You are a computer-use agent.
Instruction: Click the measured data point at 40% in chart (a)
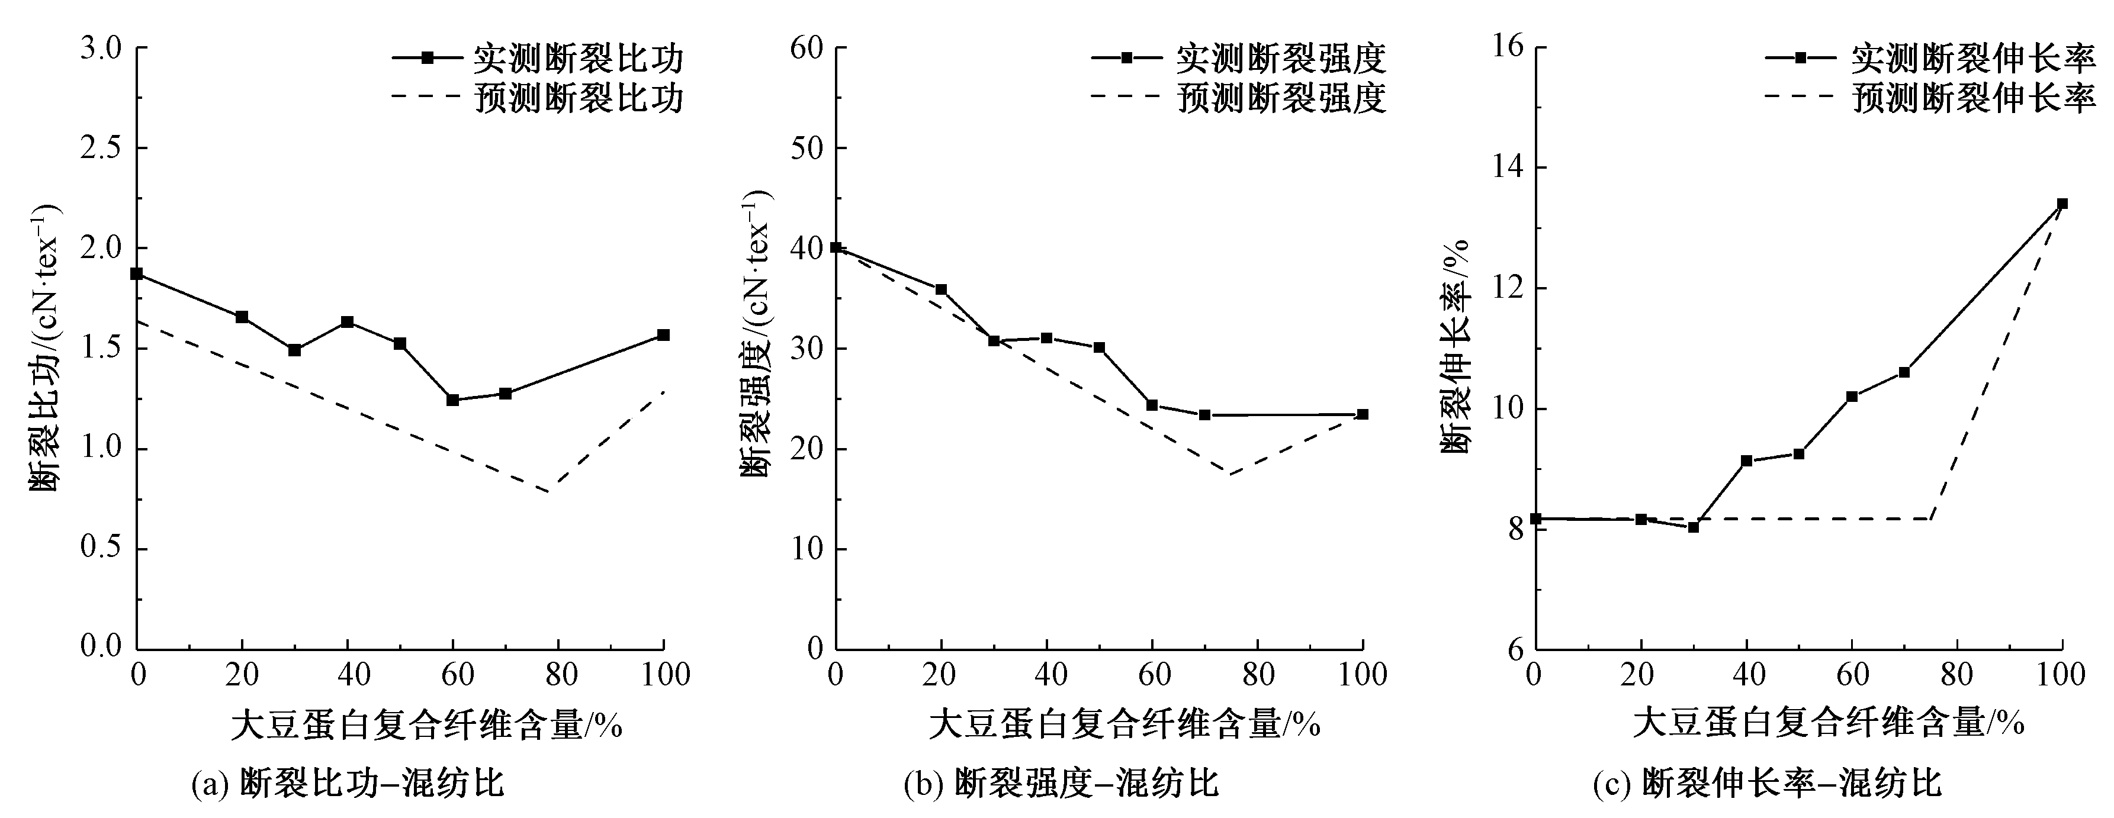tap(347, 321)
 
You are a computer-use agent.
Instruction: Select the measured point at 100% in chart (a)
tap(663, 335)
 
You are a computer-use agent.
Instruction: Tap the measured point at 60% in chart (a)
tap(452, 400)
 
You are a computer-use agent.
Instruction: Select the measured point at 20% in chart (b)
tap(942, 289)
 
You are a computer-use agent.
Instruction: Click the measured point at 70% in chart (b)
tap(1204, 415)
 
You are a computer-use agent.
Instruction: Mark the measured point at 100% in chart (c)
tap(2061, 204)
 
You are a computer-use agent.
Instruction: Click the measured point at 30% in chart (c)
tap(1693, 527)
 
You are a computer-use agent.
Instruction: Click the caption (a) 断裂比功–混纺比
tap(347, 784)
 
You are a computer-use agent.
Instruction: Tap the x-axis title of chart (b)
tap(1125, 725)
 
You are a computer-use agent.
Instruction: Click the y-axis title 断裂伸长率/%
tap(1455, 344)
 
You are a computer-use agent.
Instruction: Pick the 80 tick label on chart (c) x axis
tap(1956, 674)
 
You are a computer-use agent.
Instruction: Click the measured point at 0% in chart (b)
tap(836, 247)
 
